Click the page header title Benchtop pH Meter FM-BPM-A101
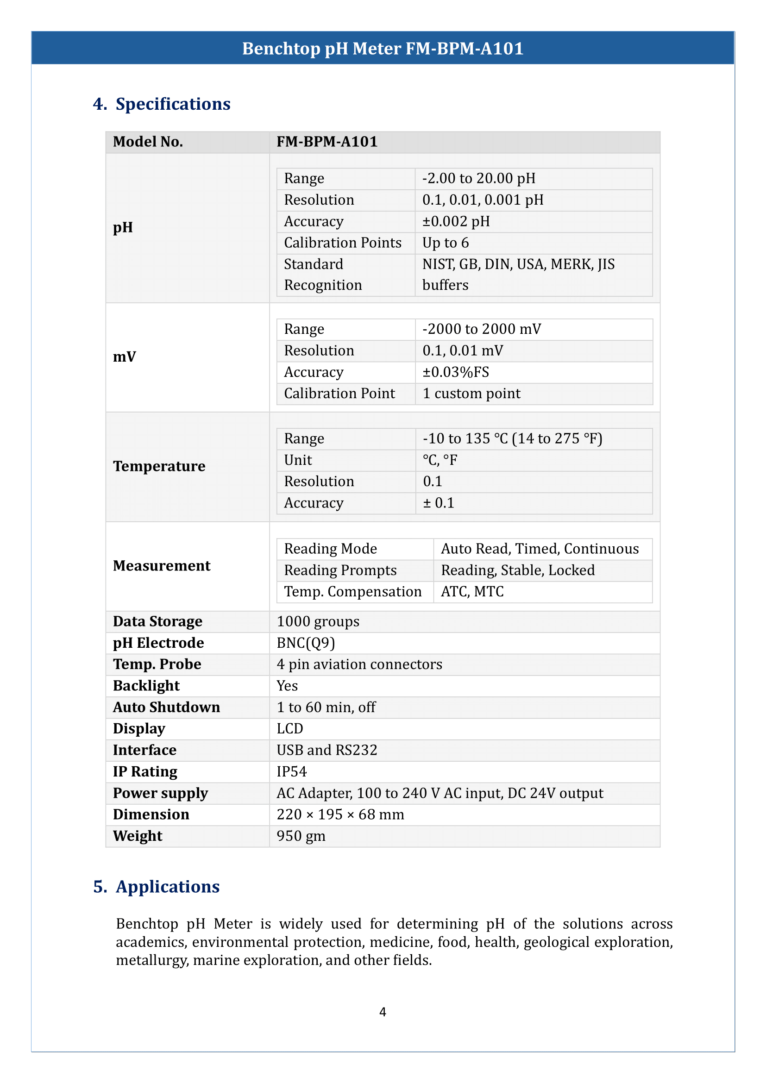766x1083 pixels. coord(383,49)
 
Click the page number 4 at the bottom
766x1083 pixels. coord(383,1012)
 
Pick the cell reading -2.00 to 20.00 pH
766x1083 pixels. coord(479,178)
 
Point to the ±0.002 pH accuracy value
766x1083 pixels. coord(456,221)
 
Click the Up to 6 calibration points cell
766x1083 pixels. coord(445,243)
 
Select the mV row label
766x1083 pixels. coord(125,357)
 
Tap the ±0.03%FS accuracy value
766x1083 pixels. coord(456,372)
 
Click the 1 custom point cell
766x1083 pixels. coord(471,394)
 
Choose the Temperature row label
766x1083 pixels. coord(159,466)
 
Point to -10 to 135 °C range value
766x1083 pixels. coord(512,438)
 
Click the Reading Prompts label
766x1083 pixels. coord(340,570)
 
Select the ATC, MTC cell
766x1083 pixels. coord(472,591)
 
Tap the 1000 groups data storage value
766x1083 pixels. coord(318,622)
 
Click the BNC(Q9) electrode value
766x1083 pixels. coord(306,643)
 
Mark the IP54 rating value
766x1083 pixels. coord(291,772)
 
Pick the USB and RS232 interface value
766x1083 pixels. coord(327,750)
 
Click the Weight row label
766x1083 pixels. coord(137,836)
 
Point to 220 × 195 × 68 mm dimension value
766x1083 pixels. coord(340,814)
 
